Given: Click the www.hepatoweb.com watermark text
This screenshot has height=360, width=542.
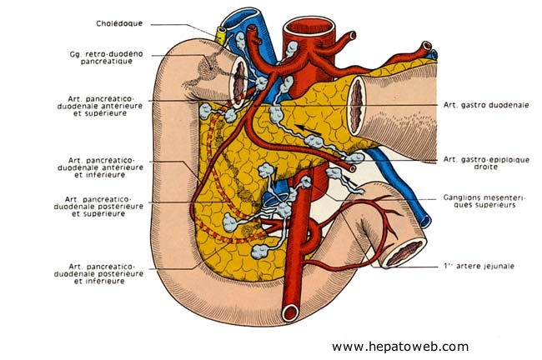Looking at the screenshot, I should pos(399,346).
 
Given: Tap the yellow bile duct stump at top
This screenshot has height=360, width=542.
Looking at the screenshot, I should pos(222,34).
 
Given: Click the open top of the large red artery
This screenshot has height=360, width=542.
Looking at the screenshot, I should pos(298,27).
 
